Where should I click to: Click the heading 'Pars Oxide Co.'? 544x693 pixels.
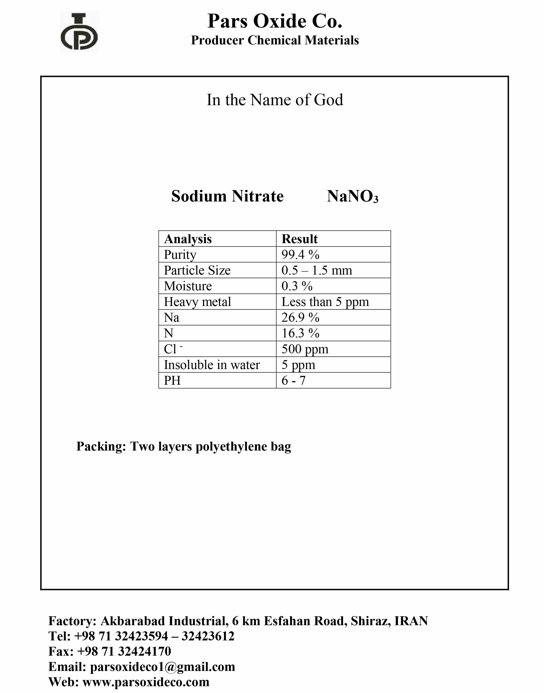275,21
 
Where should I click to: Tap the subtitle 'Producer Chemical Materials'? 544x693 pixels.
275,40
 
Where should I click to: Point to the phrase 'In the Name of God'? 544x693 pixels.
275,100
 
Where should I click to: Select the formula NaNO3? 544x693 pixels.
352,196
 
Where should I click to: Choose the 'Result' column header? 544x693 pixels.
299,239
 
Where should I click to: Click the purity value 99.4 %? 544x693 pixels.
300,255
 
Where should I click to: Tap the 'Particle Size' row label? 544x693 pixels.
197,270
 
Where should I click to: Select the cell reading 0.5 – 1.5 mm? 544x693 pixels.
317,270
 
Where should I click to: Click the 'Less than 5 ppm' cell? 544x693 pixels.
325,302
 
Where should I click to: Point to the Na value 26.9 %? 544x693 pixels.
300,318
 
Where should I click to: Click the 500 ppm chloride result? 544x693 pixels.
304,349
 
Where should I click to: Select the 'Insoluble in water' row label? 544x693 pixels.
211,365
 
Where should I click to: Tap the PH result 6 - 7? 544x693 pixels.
293,381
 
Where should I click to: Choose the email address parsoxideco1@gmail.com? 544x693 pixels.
162,667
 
